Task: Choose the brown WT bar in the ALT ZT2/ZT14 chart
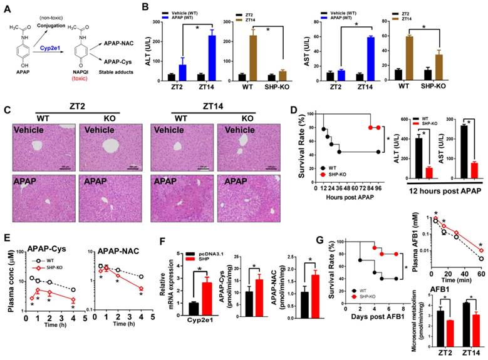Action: coord(249,57)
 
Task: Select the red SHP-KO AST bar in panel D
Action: coord(474,170)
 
